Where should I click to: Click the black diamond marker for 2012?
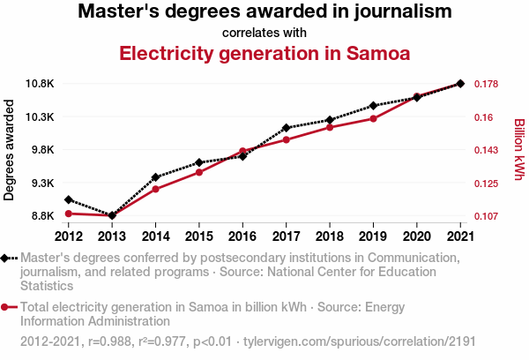click(68, 199)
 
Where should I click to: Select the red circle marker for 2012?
click(68, 214)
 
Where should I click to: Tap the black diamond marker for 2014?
click(155, 177)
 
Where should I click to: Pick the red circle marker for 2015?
click(199, 172)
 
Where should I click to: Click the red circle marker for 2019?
click(373, 118)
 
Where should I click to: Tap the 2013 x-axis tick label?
click(112, 236)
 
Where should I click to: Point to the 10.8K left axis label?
click(39, 84)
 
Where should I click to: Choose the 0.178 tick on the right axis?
click(487, 84)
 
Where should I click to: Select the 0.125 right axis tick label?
click(487, 184)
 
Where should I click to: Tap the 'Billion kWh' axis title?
click(519, 150)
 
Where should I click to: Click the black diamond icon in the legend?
click(8, 259)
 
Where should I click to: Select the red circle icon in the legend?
click(8, 308)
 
